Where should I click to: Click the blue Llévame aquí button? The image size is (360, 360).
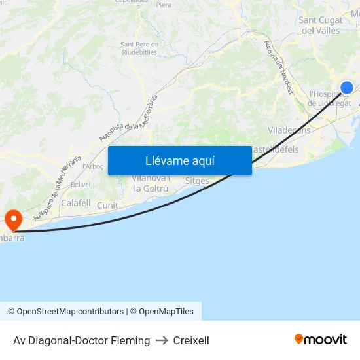[179, 160]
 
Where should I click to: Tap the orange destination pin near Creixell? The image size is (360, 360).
[13, 219]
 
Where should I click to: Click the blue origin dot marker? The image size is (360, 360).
[346, 88]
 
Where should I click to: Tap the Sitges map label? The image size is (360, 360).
[197, 180]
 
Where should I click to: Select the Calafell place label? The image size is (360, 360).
[75, 203]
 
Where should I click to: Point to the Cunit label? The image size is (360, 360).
[107, 206]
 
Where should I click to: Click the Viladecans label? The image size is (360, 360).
[289, 130]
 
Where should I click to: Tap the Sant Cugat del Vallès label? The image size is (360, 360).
[319, 25]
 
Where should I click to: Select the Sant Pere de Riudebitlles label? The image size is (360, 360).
[139, 48]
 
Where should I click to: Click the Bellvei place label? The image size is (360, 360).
[81, 185]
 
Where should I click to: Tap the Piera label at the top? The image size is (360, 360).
[164, 5]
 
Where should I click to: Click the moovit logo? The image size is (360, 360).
[320, 340]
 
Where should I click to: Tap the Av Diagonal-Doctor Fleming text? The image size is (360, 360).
[81, 340]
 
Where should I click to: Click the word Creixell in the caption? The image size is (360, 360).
[191, 340]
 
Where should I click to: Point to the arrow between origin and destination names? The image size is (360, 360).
[162, 340]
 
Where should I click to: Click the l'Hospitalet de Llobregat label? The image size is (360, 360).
[329, 99]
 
